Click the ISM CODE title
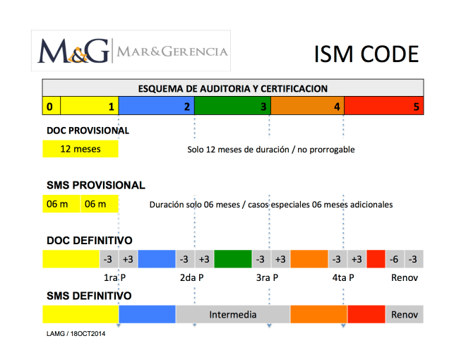click(366, 54)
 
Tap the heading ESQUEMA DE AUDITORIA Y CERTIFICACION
click(232, 89)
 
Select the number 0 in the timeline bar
click(49, 107)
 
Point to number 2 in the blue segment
click(186, 107)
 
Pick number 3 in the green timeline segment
click(263, 107)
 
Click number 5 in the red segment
click(417, 107)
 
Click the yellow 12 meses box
click(80, 150)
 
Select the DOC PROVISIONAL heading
click(88, 131)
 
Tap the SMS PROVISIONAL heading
click(95, 185)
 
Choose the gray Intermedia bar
click(232, 314)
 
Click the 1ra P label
click(114, 277)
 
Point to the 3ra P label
click(267, 277)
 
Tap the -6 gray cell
click(395, 259)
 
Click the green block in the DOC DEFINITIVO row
click(232, 259)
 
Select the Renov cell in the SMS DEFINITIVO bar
click(405, 314)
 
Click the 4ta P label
click(343, 277)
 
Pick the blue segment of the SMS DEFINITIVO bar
click(147, 314)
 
